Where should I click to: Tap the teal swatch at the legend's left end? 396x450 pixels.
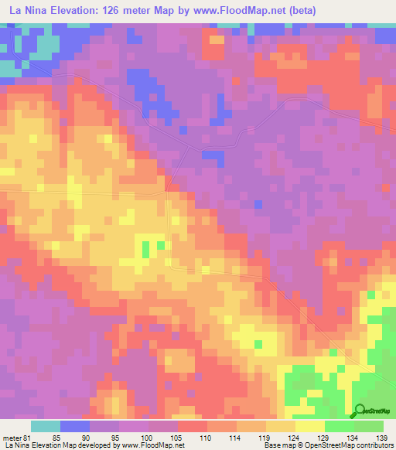(46, 425)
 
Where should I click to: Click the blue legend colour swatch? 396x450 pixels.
(75, 425)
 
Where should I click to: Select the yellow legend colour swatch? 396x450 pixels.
(309, 425)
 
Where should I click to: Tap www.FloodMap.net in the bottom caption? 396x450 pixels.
(151, 445)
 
